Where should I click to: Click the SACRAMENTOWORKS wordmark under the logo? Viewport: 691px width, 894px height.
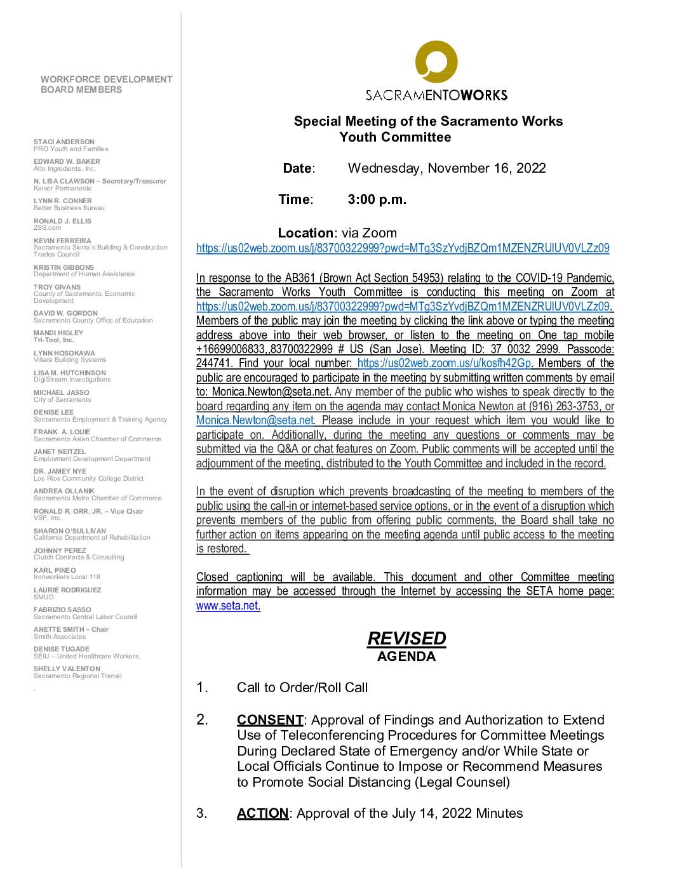tap(436, 95)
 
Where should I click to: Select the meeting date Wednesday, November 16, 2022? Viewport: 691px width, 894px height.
tap(446, 168)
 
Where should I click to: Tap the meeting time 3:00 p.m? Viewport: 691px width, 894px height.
tap(377, 199)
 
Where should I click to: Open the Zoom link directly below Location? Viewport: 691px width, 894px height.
tap(403, 248)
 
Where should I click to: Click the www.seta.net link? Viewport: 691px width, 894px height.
tap(227, 606)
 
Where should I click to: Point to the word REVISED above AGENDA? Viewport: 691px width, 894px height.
tap(406, 638)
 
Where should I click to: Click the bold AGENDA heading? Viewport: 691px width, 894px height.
tap(406, 657)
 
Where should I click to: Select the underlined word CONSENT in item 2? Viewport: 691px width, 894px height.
tap(270, 720)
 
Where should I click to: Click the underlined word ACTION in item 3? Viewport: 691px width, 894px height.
tap(262, 813)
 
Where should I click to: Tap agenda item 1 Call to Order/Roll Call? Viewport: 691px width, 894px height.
tap(302, 687)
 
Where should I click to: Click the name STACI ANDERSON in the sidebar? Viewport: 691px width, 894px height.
tap(64, 142)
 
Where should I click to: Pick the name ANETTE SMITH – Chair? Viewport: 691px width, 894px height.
tap(71, 629)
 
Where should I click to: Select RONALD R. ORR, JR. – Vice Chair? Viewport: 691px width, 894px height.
tap(88, 511)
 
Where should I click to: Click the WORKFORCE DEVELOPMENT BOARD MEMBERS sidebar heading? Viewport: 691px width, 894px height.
tap(106, 84)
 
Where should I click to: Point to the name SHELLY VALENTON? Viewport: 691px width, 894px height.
tap(67, 669)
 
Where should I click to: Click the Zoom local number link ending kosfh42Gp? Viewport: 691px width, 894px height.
tap(444, 363)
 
